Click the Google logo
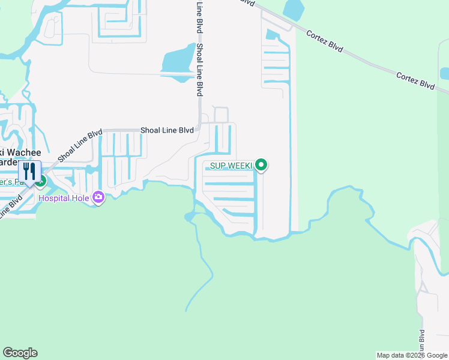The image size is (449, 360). (20, 353)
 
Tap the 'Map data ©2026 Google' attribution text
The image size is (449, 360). (411, 355)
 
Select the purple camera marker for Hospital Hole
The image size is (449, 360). (99, 196)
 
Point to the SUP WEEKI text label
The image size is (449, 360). (231, 165)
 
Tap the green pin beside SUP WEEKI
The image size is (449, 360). (261, 164)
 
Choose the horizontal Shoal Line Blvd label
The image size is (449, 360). (167, 130)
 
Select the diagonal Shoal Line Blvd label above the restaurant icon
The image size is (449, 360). (80, 146)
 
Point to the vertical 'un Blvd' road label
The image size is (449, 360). (421, 343)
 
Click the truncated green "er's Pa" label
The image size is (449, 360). (13, 182)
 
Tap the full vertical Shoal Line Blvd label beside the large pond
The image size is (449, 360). (199, 69)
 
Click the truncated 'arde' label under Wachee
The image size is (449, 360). (10, 163)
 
